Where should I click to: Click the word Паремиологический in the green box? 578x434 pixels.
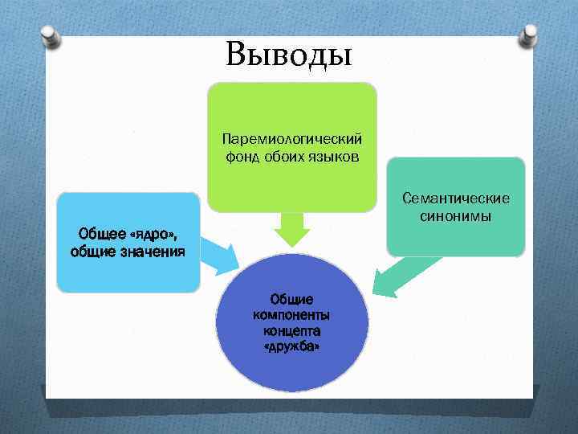(x=292, y=140)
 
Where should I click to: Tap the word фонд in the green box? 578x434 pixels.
(x=241, y=155)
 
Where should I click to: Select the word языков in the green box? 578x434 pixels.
(x=332, y=155)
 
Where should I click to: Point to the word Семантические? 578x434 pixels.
(x=456, y=199)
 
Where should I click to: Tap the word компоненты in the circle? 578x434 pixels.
(x=292, y=315)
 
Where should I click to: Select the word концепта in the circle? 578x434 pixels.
(x=292, y=330)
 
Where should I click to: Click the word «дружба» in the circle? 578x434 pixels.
(x=292, y=346)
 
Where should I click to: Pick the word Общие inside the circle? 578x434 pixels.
(x=292, y=300)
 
